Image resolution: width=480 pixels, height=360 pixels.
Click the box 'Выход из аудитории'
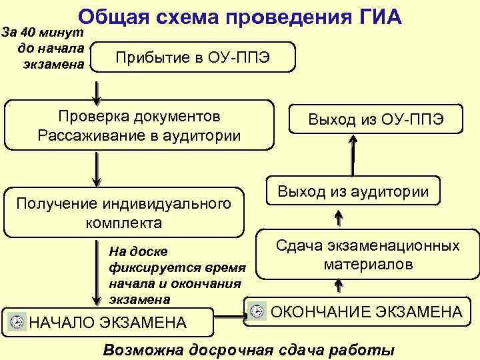[353, 191]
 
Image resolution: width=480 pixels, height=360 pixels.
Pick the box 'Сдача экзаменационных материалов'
[368, 255]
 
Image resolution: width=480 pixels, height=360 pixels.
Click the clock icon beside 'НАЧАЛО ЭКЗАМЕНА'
[19, 322]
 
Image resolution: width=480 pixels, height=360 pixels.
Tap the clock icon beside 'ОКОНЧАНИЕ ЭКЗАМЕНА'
[257, 311]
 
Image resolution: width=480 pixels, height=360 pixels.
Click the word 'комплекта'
[123, 221]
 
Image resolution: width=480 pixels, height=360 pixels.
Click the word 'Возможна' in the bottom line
[141, 351]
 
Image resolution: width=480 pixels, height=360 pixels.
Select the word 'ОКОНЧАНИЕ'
[320, 311]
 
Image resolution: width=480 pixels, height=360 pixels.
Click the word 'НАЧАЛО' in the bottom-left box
[61, 323]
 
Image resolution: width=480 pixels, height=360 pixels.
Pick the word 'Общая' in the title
[113, 16]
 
